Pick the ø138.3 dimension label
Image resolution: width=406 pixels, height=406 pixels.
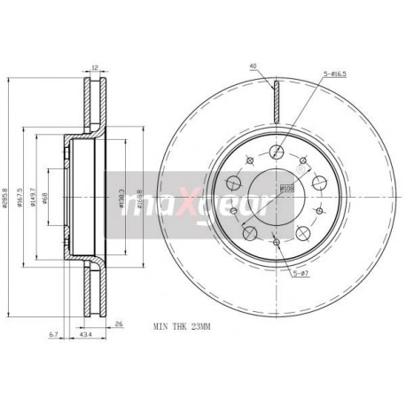coord(121,196)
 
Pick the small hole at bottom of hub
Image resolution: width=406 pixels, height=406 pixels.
coord(276,242)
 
